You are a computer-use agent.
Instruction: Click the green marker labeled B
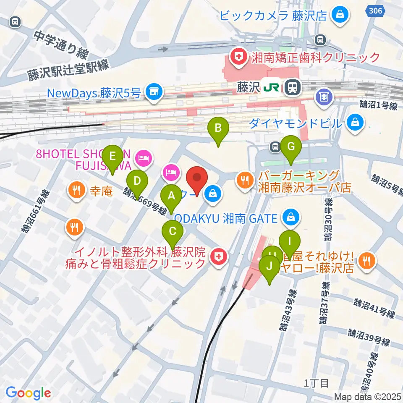point(218,128)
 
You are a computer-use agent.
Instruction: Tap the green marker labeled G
point(291,147)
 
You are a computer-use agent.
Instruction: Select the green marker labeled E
point(112,156)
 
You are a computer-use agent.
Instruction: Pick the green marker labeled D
point(137,181)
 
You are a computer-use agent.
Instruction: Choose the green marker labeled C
point(172,231)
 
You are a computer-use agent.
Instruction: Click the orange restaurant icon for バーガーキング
point(245,181)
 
